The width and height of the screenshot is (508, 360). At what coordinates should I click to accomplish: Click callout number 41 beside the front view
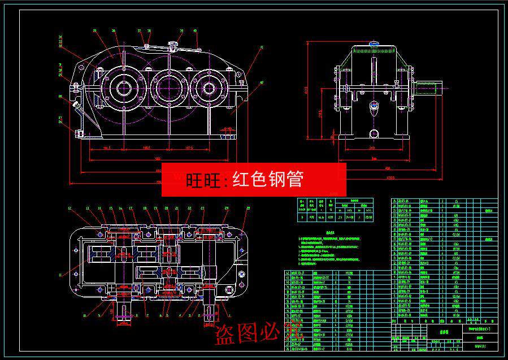pos(261,48)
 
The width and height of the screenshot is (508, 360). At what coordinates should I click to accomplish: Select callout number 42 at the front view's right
pos(261,83)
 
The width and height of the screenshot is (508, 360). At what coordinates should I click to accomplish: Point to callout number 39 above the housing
pos(181,31)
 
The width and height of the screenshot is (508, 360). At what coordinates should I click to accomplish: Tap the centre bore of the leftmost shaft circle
pos(123,87)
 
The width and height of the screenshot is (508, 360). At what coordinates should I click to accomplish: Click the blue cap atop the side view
pos(374,43)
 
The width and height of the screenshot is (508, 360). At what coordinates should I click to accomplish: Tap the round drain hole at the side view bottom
pos(374,133)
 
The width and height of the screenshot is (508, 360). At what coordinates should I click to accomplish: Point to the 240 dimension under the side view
pos(372,148)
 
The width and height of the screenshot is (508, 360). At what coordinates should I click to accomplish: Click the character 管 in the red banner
pos(294,179)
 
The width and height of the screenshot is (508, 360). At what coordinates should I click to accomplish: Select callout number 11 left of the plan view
pos(60,275)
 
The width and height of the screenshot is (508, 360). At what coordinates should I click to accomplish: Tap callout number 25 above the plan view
pos(247,208)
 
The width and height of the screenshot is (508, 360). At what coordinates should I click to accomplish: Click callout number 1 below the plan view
pos(229,315)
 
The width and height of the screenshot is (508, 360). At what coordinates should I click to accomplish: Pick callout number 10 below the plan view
pos(85,315)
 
